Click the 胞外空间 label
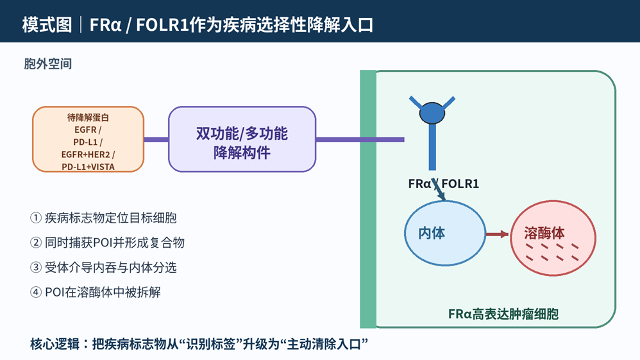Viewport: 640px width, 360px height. pyautogui.click(x=47, y=64)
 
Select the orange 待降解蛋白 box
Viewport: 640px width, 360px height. pyautogui.click(x=88, y=139)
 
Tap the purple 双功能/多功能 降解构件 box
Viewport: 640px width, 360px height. pyautogui.click(x=242, y=139)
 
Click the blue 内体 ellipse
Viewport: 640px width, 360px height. pyautogui.click(x=445, y=234)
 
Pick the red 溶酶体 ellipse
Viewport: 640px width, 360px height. pyautogui.click(x=553, y=238)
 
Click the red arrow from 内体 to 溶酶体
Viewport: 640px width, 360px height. pyautogui.click(x=498, y=234)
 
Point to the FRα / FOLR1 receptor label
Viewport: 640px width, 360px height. pyautogui.click(x=443, y=184)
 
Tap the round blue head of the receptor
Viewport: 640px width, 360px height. pyautogui.click(x=432, y=113)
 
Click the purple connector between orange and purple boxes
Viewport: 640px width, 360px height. pyautogui.click(x=156, y=139)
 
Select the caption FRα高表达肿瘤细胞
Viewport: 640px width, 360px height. pyautogui.click(x=503, y=314)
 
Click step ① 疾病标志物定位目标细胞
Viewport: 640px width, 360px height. pyautogui.click(x=103, y=218)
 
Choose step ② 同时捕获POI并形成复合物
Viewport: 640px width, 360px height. pyautogui.click(x=107, y=243)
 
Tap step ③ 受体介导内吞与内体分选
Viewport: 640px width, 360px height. pyautogui.click(x=103, y=268)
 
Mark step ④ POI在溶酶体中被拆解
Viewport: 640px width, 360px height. pyautogui.click(x=96, y=292)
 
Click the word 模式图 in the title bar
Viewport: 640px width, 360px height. pyautogui.click(x=47, y=24)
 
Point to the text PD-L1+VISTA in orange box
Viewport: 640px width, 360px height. pyautogui.click(x=88, y=167)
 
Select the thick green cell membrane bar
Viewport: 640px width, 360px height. pyautogui.click(x=368, y=199)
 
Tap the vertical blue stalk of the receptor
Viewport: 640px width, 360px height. pyautogui.click(x=432, y=147)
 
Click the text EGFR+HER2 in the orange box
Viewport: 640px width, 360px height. pyautogui.click(x=86, y=155)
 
